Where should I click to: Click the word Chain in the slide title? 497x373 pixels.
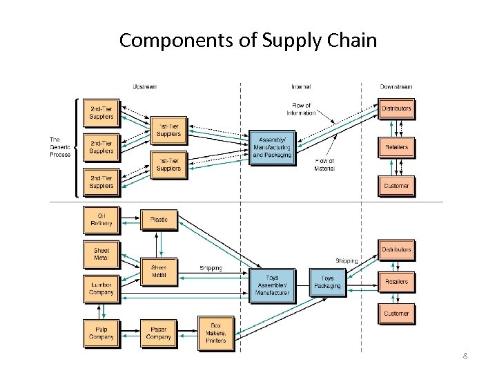350,40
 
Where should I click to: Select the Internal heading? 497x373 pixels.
300,86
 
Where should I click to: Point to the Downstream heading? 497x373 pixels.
396,86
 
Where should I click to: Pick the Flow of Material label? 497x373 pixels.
324,164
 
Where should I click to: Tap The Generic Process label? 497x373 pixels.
60,147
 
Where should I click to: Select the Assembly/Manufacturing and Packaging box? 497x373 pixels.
272,147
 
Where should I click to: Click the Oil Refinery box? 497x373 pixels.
101,220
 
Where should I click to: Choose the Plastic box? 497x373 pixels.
159,220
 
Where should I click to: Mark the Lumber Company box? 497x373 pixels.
101,288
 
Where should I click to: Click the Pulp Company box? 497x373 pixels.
101,333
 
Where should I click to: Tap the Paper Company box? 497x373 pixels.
159,333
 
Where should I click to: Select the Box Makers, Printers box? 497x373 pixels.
215,333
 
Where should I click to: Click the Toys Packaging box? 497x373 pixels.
327,282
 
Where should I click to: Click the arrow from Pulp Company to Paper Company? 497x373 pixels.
130,333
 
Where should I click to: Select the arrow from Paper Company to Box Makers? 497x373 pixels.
187,333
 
